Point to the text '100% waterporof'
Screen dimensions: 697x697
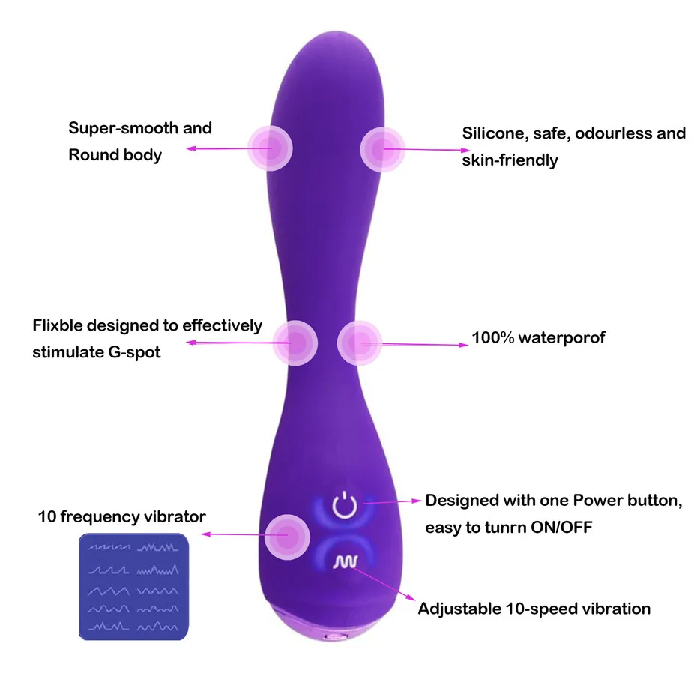537,338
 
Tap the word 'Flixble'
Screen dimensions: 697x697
58,326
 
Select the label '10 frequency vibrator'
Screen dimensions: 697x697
122,517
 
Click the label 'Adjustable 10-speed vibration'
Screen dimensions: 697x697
534,608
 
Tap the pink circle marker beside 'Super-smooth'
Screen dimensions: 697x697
271,148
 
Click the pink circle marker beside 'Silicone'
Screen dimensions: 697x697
382,148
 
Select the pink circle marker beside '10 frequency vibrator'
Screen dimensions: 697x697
287,534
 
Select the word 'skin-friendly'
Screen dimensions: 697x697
510,160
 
